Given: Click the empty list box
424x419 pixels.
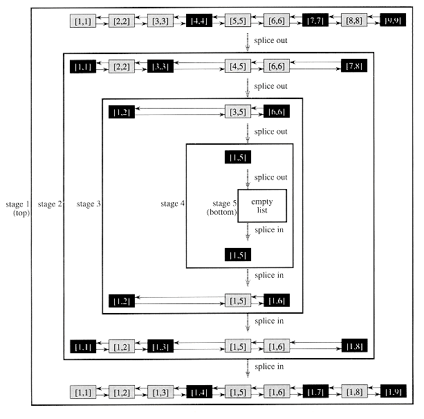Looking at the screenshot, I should [262, 205].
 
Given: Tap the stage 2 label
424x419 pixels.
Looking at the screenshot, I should [50, 204].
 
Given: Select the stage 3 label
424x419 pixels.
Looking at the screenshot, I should [89, 204].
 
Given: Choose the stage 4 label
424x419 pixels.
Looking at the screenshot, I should [172, 204].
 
